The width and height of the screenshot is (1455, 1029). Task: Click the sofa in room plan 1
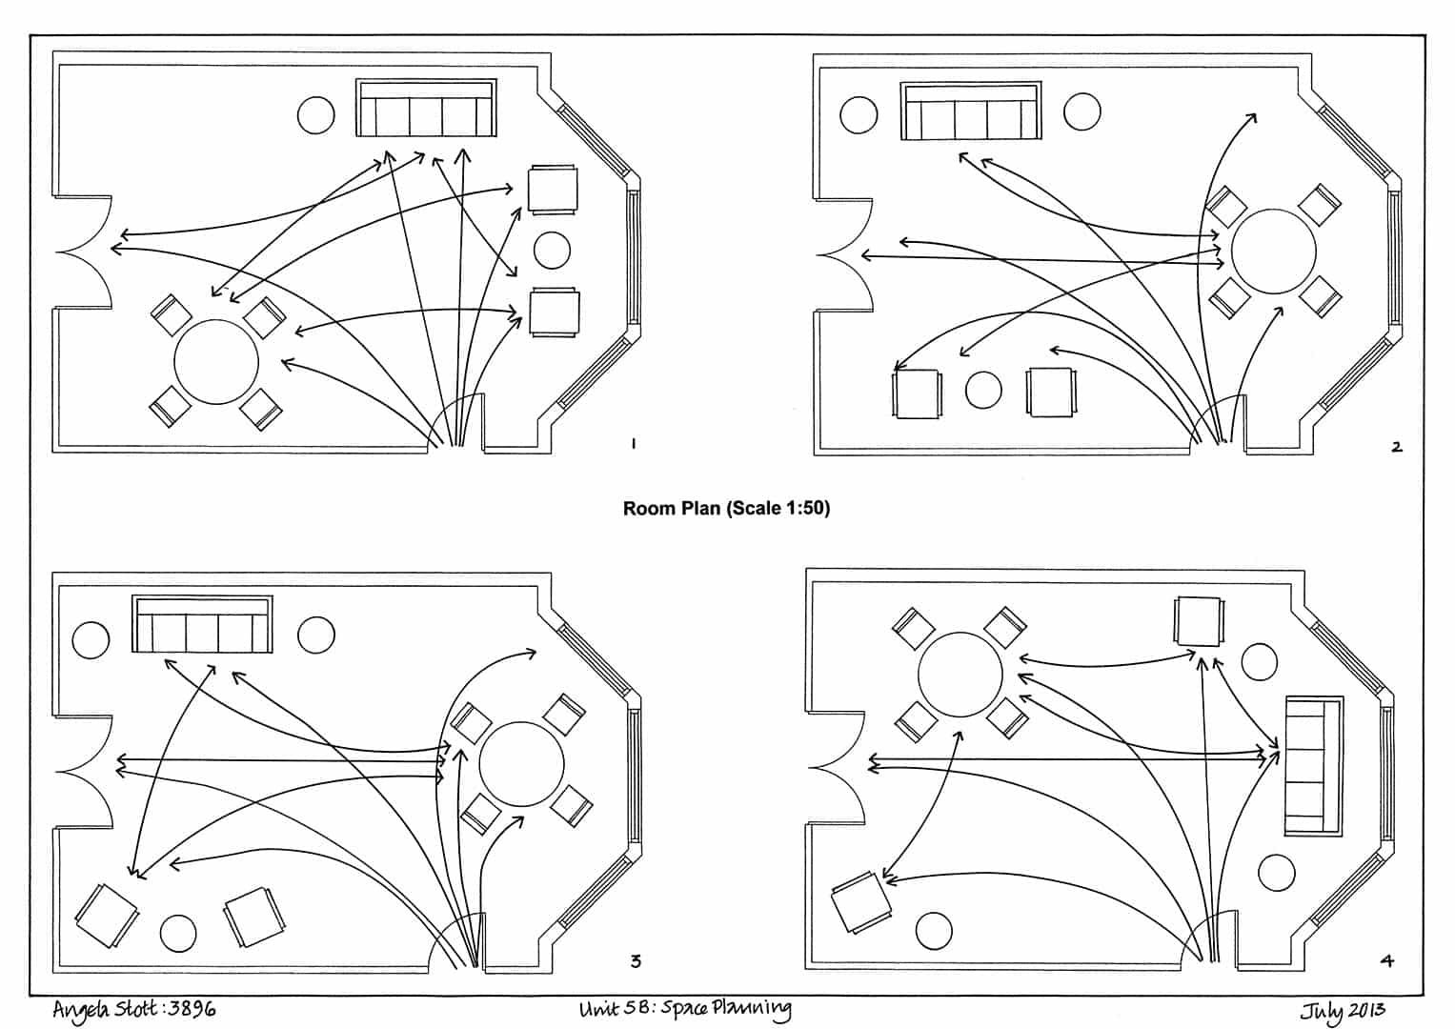pos(427,109)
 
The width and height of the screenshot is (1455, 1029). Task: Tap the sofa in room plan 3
pos(202,625)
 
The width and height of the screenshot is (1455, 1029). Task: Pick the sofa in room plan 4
pos(1313,766)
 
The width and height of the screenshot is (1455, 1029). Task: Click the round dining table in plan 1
pos(216,362)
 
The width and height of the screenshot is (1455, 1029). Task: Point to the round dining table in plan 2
pos(1273,252)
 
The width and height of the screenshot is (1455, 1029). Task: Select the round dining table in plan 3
pos(521,764)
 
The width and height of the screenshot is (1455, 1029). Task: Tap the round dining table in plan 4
pos(960,675)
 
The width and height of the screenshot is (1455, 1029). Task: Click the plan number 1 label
pos(633,443)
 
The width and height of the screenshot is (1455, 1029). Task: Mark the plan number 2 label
pos(1396,446)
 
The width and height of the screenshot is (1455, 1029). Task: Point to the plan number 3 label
pos(636,960)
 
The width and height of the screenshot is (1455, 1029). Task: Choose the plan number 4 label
pos(1387,960)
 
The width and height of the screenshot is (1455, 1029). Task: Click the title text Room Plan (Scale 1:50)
pos(726,509)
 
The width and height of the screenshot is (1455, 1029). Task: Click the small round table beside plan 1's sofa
pos(316,115)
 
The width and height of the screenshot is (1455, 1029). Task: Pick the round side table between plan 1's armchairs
pos(552,251)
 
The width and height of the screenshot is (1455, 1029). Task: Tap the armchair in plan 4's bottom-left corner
pos(861,902)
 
